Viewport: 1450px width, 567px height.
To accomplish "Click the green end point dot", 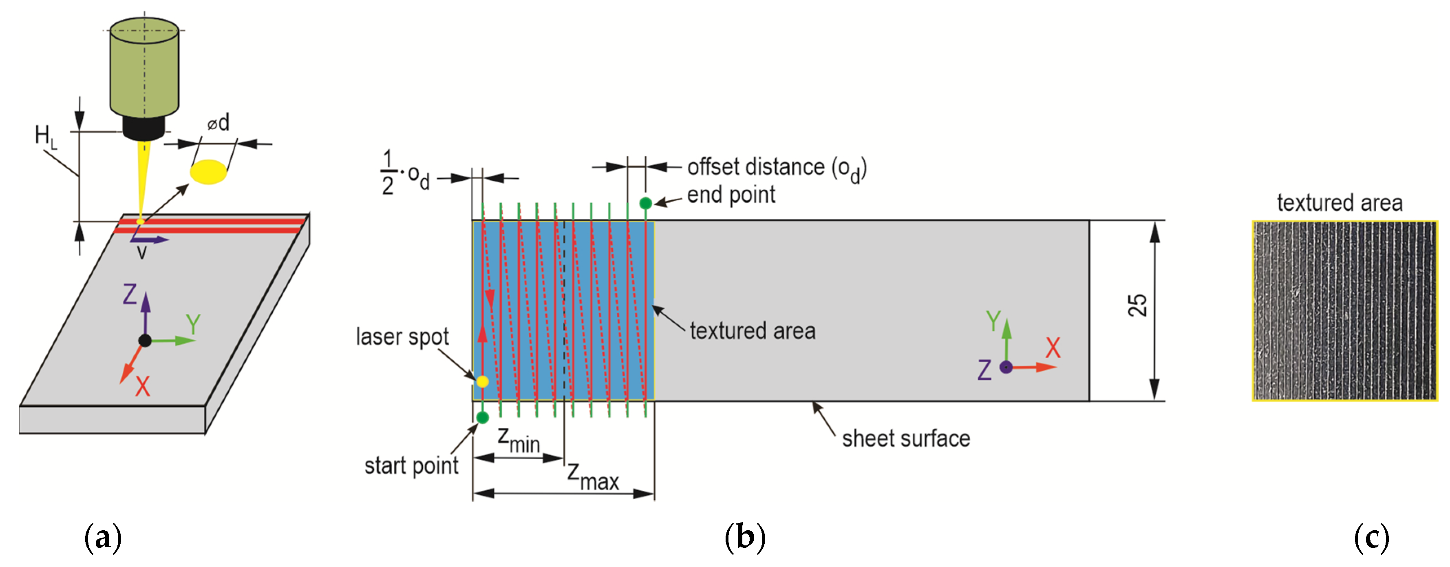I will [x=646, y=203].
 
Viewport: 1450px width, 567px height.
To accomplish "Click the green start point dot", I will [x=482, y=417].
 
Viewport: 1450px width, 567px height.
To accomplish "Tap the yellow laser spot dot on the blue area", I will [x=482, y=381].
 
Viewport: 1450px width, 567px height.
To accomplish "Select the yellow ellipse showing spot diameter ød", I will [x=209, y=172].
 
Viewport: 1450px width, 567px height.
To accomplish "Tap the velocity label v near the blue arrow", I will [x=142, y=252].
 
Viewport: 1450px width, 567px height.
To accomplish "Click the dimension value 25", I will [x=1137, y=305].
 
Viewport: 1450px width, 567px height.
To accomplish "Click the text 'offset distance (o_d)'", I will [x=776, y=168].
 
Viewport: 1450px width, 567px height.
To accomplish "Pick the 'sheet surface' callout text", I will [x=906, y=438].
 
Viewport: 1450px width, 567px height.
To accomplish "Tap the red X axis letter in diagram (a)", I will [x=142, y=386].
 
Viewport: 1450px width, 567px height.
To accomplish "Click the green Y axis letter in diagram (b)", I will [x=993, y=321].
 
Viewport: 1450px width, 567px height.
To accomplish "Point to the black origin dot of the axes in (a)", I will [x=145, y=340].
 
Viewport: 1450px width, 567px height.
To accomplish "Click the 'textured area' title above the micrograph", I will [x=1339, y=203].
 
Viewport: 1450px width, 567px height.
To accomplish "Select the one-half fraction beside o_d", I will [x=387, y=172].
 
